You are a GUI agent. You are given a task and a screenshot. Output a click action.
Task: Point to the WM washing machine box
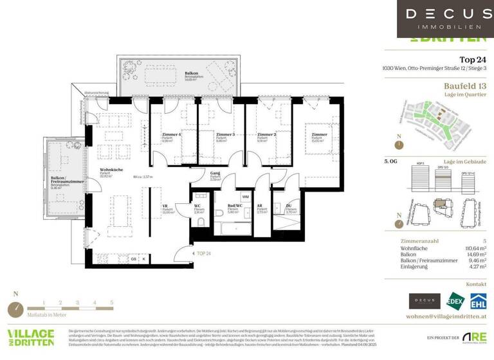click(245, 197)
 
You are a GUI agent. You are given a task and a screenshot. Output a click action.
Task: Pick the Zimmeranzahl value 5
click(484, 240)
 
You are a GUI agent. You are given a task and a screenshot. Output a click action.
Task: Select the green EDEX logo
click(455, 301)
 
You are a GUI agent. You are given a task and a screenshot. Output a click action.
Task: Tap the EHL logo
click(478, 301)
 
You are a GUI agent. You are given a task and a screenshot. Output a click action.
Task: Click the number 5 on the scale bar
click(112, 301)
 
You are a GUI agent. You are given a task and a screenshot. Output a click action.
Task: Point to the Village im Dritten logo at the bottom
click(31, 337)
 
